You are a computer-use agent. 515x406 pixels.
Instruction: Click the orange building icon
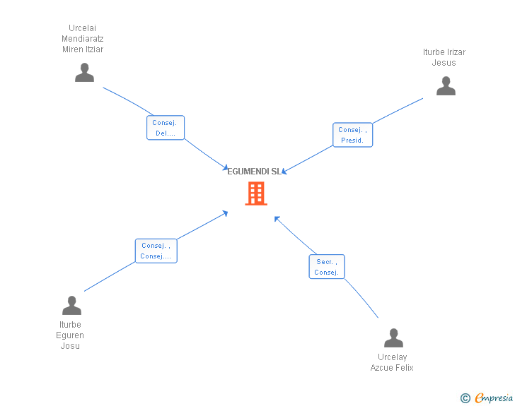(256, 193)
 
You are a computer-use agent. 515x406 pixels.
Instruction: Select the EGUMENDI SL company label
(255, 172)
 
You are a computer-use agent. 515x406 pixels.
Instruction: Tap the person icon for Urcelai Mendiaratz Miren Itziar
(84, 73)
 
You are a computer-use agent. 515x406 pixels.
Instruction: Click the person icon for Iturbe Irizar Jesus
(446, 86)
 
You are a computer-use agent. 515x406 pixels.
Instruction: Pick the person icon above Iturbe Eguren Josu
(71, 305)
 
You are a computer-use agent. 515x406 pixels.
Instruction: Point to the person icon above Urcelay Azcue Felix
(393, 338)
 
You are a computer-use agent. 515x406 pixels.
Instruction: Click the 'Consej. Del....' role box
(166, 128)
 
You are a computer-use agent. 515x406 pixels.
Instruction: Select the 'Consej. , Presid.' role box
(352, 135)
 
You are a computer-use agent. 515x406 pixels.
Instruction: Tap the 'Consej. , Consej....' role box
(156, 251)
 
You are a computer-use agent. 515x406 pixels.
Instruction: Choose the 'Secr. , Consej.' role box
(327, 267)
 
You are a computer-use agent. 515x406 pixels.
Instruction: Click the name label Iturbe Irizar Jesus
(444, 57)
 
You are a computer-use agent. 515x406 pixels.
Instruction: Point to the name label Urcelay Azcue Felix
(392, 362)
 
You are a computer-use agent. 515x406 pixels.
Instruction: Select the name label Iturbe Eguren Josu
(70, 335)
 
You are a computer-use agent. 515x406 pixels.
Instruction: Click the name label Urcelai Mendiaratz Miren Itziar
(83, 39)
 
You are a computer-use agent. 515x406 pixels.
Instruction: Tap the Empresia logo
(494, 398)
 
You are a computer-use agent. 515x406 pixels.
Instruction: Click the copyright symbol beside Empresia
(465, 398)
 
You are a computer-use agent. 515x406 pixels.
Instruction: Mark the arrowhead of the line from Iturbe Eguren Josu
(226, 213)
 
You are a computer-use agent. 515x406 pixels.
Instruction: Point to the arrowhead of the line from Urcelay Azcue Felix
(277, 219)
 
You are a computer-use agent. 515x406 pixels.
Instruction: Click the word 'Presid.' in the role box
(352, 141)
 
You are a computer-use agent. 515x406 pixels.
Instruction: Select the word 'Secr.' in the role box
(325, 262)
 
